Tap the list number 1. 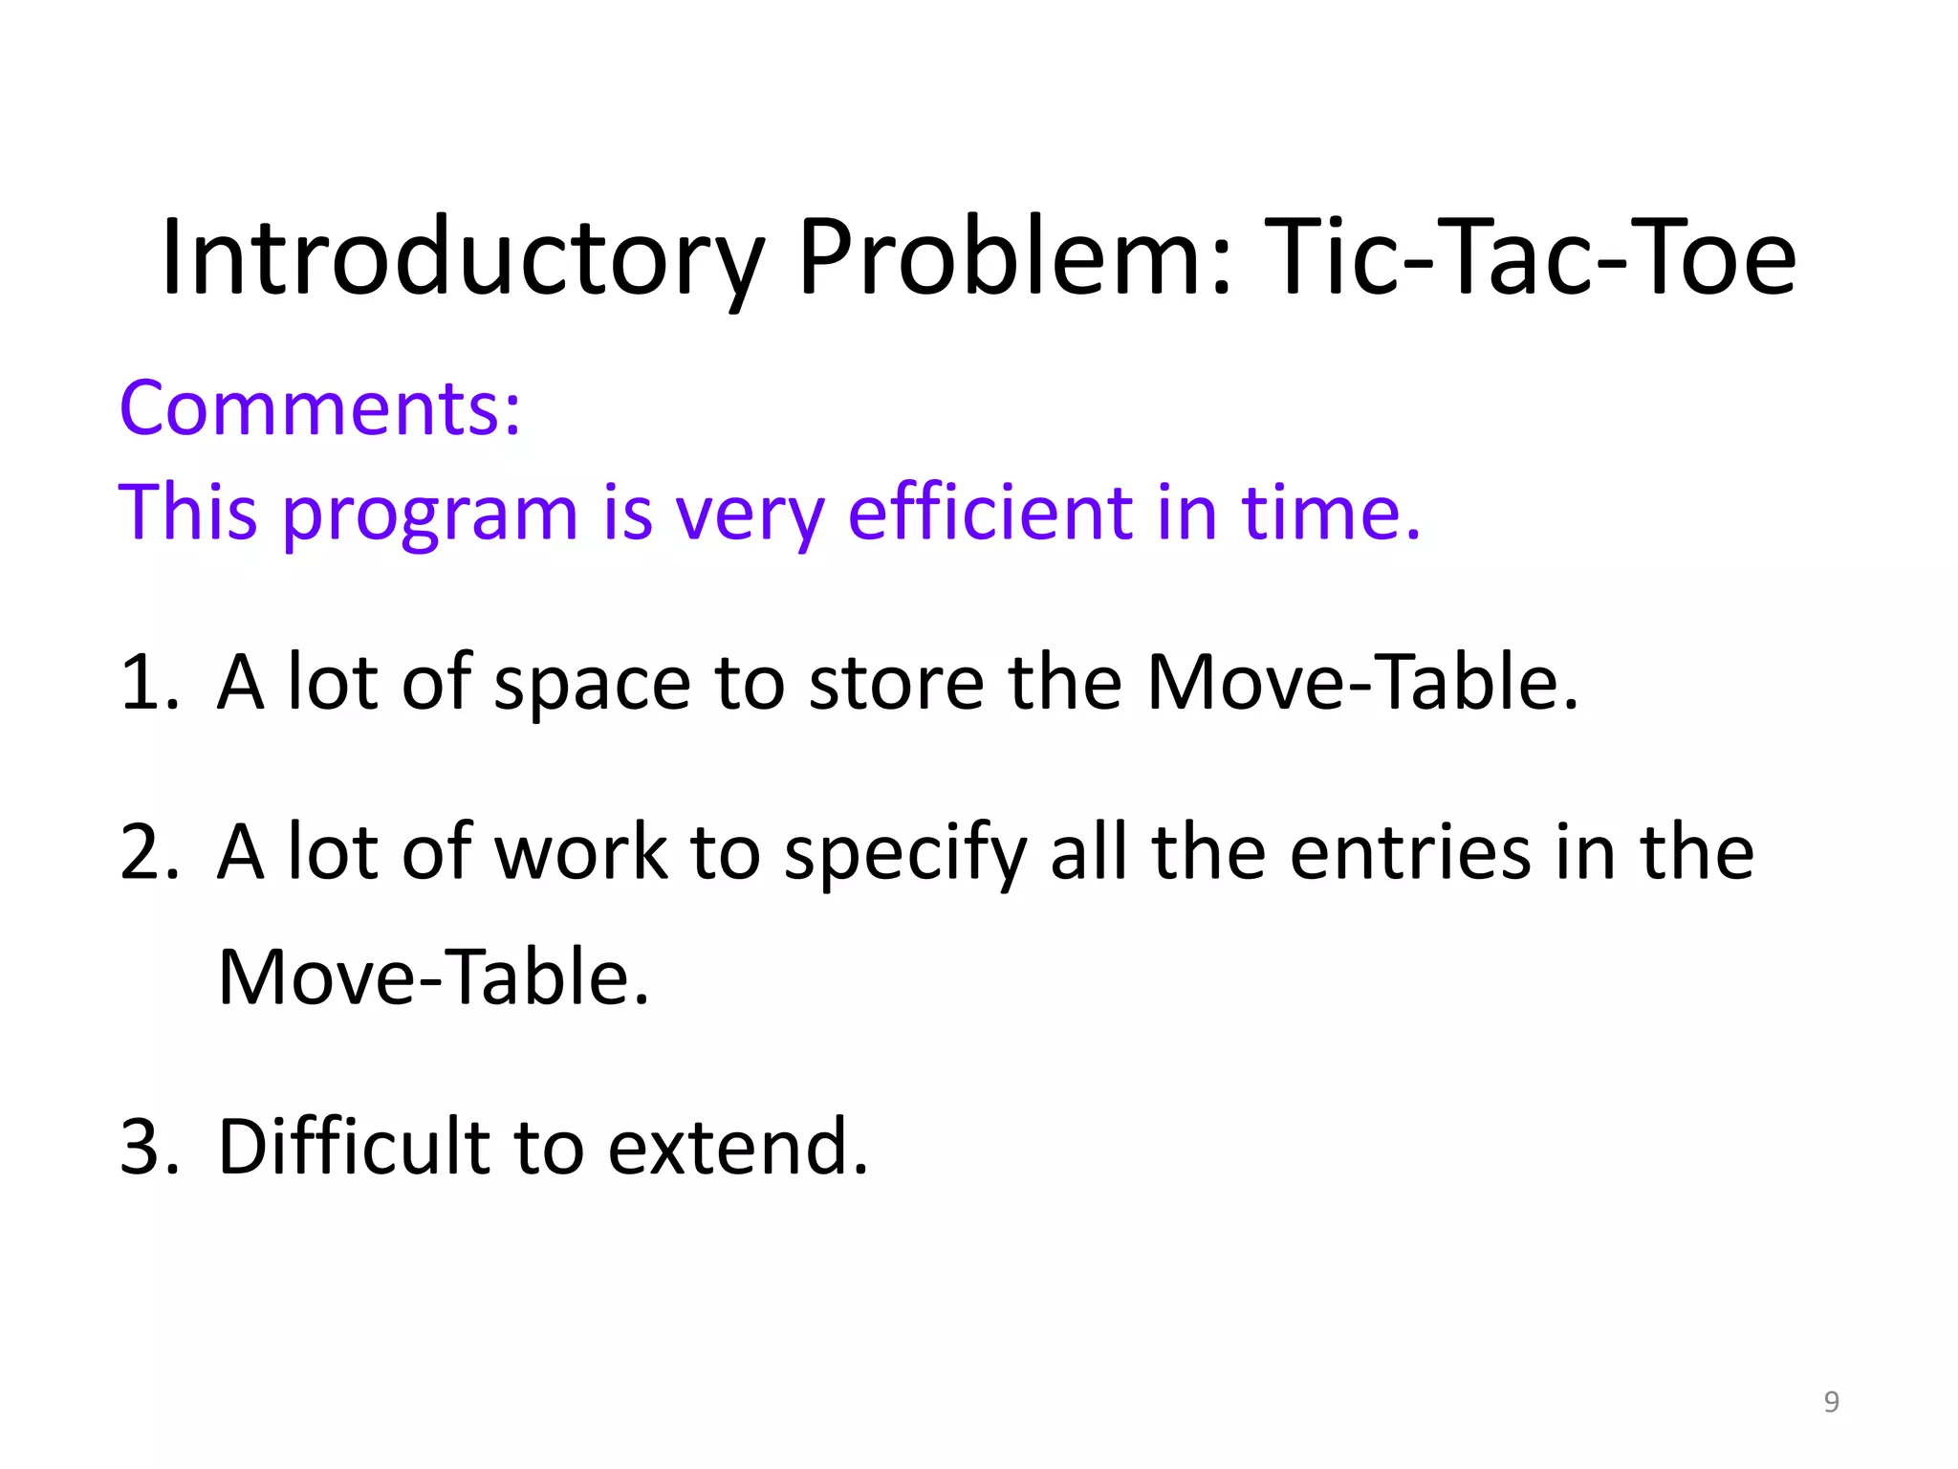(x=148, y=682)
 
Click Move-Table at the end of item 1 (x=1361, y=682)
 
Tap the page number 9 (x=1831, y=1402)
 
